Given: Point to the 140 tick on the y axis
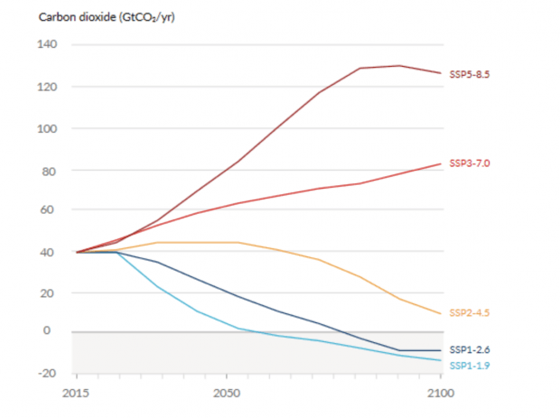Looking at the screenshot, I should point(47,45).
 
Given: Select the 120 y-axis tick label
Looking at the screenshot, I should point(47,87).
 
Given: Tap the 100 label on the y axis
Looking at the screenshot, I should point(47,128).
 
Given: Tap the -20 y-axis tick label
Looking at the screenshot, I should point(47,373).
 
